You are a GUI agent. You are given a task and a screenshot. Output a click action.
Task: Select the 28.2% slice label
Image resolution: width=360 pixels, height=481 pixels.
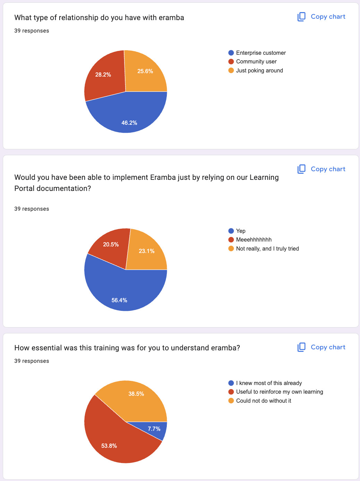click(103, 75)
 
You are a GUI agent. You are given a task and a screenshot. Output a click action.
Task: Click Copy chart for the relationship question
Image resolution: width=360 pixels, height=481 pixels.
click(322, 17)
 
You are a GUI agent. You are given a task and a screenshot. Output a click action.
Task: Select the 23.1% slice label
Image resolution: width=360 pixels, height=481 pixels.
click(146, 251)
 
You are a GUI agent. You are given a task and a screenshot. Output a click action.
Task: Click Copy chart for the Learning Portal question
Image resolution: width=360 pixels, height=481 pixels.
click(322, 169)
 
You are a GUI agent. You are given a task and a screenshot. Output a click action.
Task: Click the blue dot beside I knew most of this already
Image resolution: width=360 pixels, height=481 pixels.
click(231, 383)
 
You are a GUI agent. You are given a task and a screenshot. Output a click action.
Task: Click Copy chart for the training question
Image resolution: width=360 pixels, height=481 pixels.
click(322, 347)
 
